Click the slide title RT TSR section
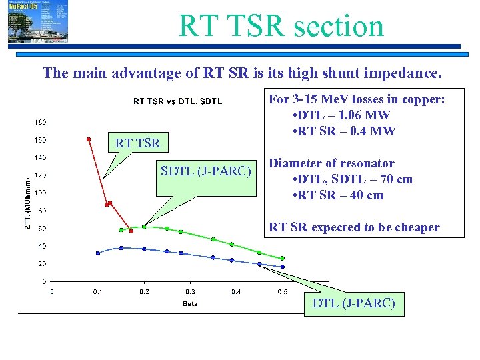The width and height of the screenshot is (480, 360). (x=281, y=26)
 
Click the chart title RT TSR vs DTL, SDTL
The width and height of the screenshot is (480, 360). (x=178, y=101)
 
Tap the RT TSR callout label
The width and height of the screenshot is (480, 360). (x=137, y=143)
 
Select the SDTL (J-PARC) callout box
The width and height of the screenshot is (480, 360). (x=206, y=171)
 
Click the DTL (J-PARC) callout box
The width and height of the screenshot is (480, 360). (x=353, y=304)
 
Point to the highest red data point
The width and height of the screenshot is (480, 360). (x=88, y=139)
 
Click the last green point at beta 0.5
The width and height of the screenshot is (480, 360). (x=282, y=258)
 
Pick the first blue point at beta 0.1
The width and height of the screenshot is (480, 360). (x=98, y=253)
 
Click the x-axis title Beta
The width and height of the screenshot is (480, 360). (x=190, y=304)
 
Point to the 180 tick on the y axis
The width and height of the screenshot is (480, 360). (x=40, y=123)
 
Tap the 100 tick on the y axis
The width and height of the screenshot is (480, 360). (x=40, y=193)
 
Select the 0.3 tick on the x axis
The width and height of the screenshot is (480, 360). (x=190, y=291)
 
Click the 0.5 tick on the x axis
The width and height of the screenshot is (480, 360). (x=282, y=291)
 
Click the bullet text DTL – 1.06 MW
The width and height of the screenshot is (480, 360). (x=341, y=115)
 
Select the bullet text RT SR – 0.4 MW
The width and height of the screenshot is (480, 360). (x=344, y=131)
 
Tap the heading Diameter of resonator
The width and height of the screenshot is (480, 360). (x=331, y=163)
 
